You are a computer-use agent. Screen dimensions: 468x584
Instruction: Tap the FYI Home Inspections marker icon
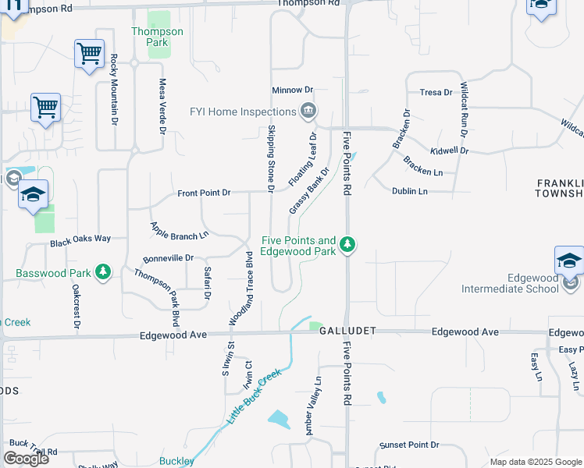pos(308,111)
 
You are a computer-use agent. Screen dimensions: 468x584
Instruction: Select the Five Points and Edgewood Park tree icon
pos(348,246)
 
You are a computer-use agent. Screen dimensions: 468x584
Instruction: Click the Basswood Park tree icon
pos(102,273)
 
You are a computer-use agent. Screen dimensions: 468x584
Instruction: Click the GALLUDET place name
pos(347,331)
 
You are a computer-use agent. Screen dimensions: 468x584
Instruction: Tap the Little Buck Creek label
pos(252,398)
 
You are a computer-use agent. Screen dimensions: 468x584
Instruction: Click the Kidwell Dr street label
pos(449,150)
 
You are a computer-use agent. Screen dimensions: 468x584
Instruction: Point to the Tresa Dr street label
pos(436,92)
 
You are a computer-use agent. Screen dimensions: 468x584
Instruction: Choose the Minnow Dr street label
pos(292,90)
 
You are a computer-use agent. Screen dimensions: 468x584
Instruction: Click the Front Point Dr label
pos(205,192)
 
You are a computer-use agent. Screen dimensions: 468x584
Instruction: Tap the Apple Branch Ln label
pos(180,230)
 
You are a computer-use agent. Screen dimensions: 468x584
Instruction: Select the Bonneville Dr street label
pos(168,258)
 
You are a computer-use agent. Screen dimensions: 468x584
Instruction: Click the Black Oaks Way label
pos(80,241)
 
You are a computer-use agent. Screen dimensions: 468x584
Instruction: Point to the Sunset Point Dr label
pos(409,445)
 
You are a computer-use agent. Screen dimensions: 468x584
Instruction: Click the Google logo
pos(26,459)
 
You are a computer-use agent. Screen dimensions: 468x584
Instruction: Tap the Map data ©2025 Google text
pos(535,462)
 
